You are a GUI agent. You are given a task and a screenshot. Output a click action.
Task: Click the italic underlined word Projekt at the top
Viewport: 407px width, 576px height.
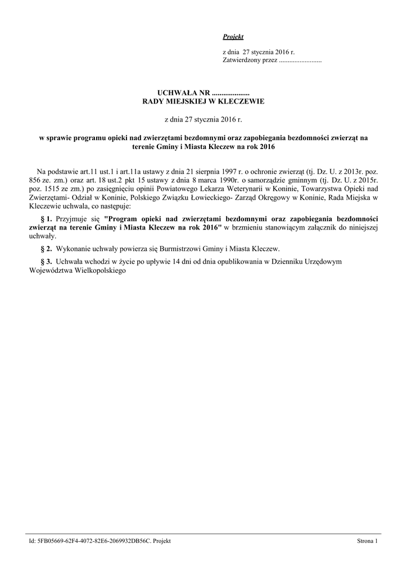point(233,37)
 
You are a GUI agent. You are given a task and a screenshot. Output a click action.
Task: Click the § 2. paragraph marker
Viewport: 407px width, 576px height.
point(47,248)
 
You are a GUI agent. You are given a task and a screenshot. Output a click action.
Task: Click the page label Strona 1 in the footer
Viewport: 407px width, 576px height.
point(368,541)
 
